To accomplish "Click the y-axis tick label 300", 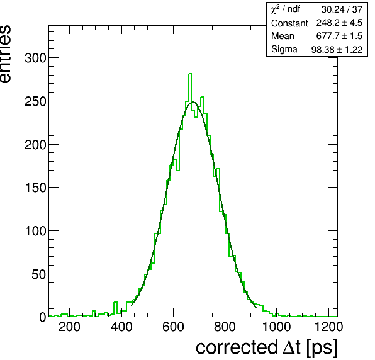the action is [35, 58].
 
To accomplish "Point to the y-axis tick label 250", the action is [35, 101].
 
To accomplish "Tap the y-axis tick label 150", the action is [35, 188].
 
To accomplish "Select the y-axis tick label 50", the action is [38, 274].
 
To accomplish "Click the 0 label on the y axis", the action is [42, 317].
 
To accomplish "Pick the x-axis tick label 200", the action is [69, 327].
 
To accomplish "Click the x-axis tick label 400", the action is [121, 327].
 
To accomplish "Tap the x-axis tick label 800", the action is [225, 327].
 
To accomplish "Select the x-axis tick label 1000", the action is [276, 327].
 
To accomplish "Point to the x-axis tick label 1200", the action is [328, 327].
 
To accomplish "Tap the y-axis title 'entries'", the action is [5, 54].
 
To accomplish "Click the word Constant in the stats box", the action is [289, 23].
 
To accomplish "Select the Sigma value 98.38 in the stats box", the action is [323, 50].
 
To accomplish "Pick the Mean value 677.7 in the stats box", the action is [327, 36].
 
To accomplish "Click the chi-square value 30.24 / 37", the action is [342, 9].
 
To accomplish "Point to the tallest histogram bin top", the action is [190, 74].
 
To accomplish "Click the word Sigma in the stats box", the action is [284, 49].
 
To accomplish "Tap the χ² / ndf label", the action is [286, 9].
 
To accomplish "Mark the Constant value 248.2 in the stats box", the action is [328, 23].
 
